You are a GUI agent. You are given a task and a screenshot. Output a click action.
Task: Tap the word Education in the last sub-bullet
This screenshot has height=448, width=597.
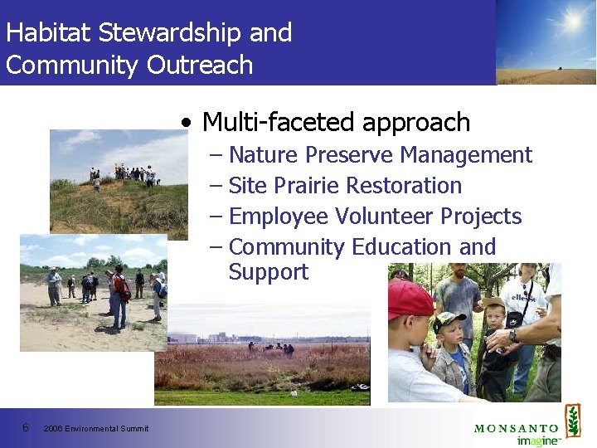[402, 247]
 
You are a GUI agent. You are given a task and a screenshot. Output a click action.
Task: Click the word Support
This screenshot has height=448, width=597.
[268, 272]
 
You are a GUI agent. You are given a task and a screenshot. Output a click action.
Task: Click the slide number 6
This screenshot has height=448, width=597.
[27, 428]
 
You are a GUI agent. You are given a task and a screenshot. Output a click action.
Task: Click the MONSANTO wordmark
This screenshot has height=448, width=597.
[516, 428]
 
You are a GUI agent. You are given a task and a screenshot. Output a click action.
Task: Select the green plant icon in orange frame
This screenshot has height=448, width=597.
[572, 421]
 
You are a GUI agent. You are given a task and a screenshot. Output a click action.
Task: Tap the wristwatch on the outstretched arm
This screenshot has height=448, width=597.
[514, 335]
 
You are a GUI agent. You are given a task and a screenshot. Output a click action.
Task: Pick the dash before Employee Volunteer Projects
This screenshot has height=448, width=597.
[216, 217]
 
